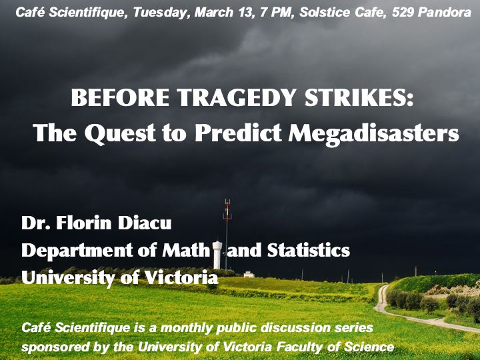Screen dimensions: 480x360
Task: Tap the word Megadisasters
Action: click(374, 133)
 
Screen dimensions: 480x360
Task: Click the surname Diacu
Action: click(145, 223)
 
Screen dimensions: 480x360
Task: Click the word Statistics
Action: click(309, 250)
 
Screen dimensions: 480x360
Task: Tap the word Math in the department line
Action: click(186, 250)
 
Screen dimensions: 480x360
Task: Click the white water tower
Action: click(217, 255)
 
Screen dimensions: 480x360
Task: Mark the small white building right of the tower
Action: click(249, 274)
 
